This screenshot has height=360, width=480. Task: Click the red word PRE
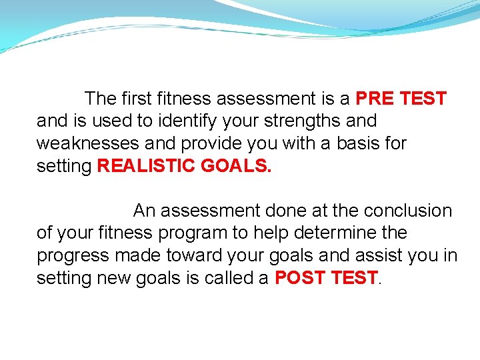coord(375,99)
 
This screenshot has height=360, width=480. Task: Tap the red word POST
coord(299,278)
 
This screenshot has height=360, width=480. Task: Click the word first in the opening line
coord(137,99)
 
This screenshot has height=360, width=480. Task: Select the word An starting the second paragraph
coord(144,211)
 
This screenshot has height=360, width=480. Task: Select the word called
coord(230,278)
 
